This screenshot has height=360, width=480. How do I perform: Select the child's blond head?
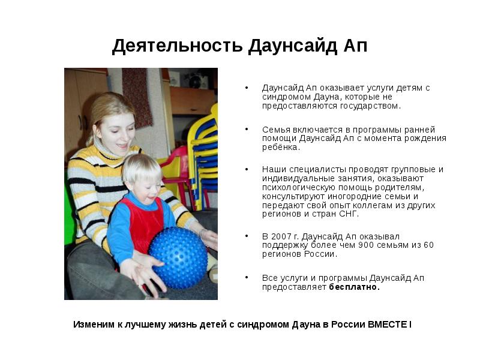click(140, 171)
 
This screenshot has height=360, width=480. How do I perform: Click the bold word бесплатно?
click(354, 287)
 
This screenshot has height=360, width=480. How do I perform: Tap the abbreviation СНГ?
click(349, 214)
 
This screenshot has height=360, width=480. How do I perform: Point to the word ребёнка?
click(280, 147)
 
